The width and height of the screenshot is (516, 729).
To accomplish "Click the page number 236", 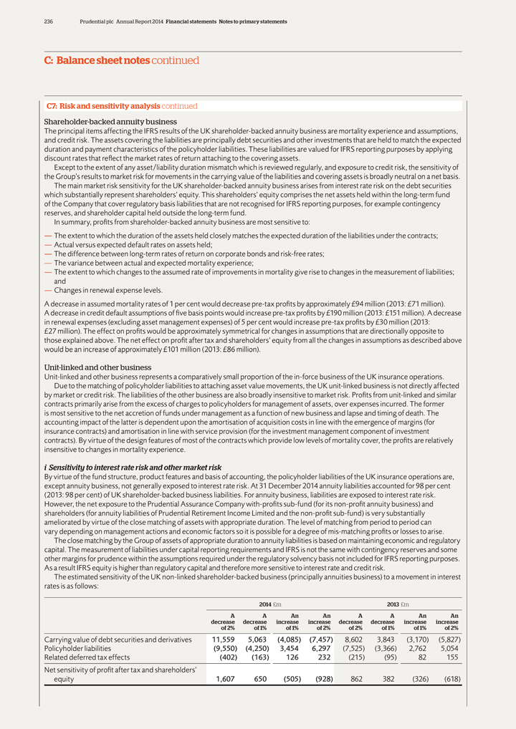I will [x=49, y=22].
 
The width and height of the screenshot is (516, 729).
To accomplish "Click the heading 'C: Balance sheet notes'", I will [x=97, y=61].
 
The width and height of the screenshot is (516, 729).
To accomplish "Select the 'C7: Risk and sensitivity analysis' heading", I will [x=103, y=106].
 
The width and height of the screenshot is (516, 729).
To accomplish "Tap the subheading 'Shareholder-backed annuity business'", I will [x=110, y=122].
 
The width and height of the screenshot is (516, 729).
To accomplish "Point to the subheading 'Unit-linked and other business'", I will [x=98, y=367].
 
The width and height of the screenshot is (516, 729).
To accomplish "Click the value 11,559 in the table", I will [x=222, y=639].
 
